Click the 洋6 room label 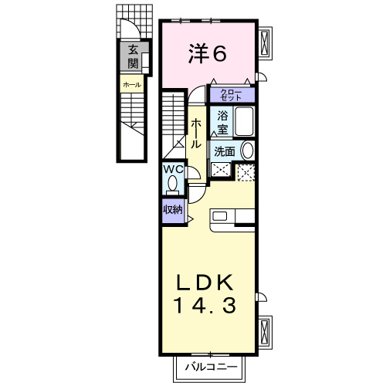coord(208,54)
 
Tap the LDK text coord(207,283)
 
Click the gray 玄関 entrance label coord(134,58)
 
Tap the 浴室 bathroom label coord(222,122)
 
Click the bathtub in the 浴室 coord(245,123)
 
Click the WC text coord(172,170)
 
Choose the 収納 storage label coord(171,208)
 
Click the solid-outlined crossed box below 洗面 coord(222,172)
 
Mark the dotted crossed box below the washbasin coord(246,173)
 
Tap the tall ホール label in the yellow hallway coord(197,133)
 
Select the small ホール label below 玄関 coord(130,83)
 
